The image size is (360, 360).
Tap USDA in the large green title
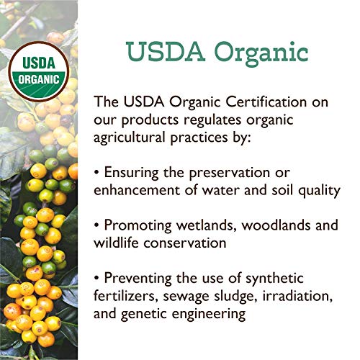[166, 51]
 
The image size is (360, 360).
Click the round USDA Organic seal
[39, 71]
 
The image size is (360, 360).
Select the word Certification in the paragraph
[266, 102]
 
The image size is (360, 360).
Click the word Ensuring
[131, 173]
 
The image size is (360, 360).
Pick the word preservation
[230, 173]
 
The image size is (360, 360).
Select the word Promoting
[138, 225]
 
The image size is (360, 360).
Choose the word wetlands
[207, 225]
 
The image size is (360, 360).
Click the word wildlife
[116, 243]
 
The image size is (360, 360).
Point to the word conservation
[185, 243]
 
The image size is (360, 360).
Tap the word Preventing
[138, 279]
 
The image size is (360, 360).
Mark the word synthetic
[274, 279]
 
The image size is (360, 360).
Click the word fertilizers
[126, 296]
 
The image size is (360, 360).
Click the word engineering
[209, 314]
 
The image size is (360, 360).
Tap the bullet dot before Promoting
[96, 225]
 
